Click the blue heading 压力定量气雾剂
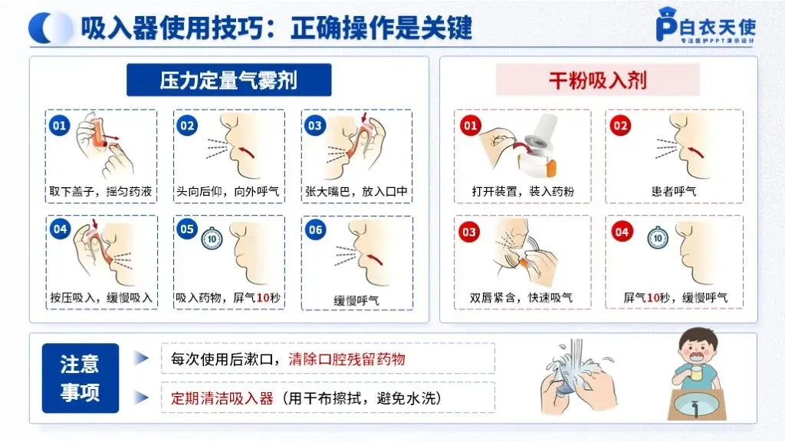228,80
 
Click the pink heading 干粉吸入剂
597,80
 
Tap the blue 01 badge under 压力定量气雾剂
59,125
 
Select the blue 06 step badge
315,230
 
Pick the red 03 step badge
469,232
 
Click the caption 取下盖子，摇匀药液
100,191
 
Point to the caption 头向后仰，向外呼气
228,191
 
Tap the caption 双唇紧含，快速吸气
521,298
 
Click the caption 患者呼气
674,191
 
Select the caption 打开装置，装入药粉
523,191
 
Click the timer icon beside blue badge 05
212,238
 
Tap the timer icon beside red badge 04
657,238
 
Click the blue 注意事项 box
80,378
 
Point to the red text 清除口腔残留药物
347,359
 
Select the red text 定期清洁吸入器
222,398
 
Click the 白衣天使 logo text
718,27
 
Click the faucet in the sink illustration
695,407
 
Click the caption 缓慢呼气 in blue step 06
356,301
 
